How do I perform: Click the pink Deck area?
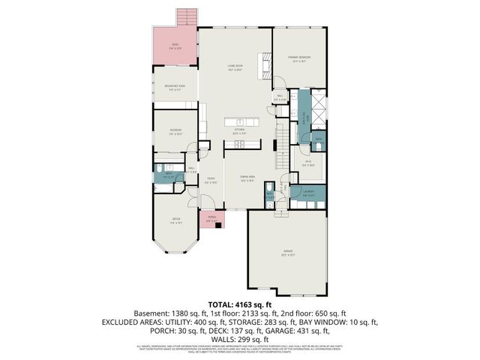175,49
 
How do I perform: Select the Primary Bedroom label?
299,58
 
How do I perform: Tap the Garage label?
288,251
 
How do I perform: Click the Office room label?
175,221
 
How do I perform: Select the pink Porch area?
212,220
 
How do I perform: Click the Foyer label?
211,179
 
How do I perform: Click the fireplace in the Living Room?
264,65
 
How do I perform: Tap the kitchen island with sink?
241,121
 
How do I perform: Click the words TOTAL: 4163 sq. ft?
239,304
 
